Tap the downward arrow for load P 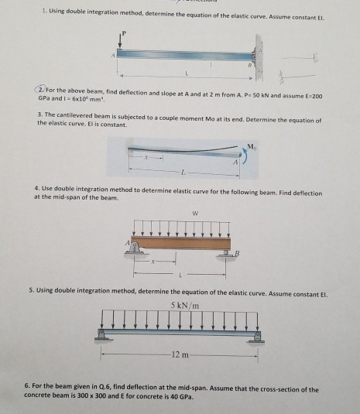click(x=121, y=44)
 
